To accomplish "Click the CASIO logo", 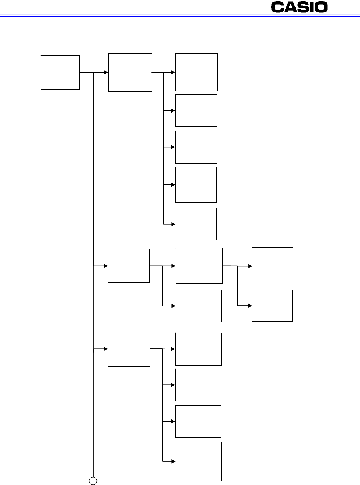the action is click(x=299, y=7).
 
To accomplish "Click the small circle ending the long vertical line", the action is click(x=93, y=481).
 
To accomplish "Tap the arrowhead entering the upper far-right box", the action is click(x=250, y=266).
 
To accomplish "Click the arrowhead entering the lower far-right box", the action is click(x=250, y=306).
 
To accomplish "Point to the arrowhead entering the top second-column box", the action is click(x=106, y=72).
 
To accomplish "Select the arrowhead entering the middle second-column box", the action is click(x=106, y=266).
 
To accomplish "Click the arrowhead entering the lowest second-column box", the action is click(x=106, y=349).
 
